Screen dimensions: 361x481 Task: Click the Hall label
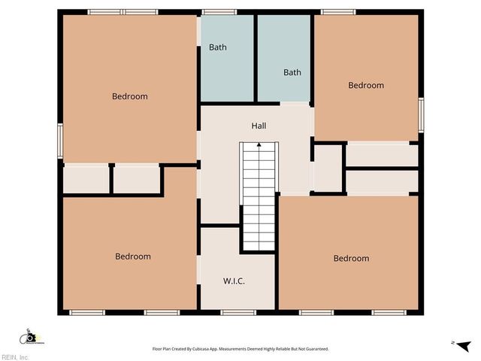click(x=259, y=126)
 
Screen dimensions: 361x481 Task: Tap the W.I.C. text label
click(x=234, y=281)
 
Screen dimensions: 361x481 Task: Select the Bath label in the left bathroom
click(x=217, y=47)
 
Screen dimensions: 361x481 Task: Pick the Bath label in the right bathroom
click(x=292, y=72)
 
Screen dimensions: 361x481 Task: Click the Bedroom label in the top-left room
click(x=130, y=96)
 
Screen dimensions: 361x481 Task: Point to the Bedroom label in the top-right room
click(x=366, y=85)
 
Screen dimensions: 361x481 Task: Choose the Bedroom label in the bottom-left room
click(x=133, y=256)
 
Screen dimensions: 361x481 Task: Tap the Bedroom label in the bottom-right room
click(x=351, y=258)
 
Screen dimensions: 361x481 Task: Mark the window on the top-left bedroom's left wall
click(x=60, y=141)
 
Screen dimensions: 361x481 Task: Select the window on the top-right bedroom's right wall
click(x=421, y=115)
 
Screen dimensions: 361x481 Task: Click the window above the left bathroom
click(x=219, y=12)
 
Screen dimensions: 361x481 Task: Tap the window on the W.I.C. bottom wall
click(x=238, y=312)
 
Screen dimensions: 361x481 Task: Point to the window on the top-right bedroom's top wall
click(x=338, y=12)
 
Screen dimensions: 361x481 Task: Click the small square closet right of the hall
click(x=328, y=168)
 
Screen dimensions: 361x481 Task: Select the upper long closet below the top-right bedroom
click(x=382, y=155)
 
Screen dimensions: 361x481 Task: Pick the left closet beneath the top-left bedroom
click(x=86, y=180)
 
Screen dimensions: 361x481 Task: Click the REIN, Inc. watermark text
click(x=15, y=357)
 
